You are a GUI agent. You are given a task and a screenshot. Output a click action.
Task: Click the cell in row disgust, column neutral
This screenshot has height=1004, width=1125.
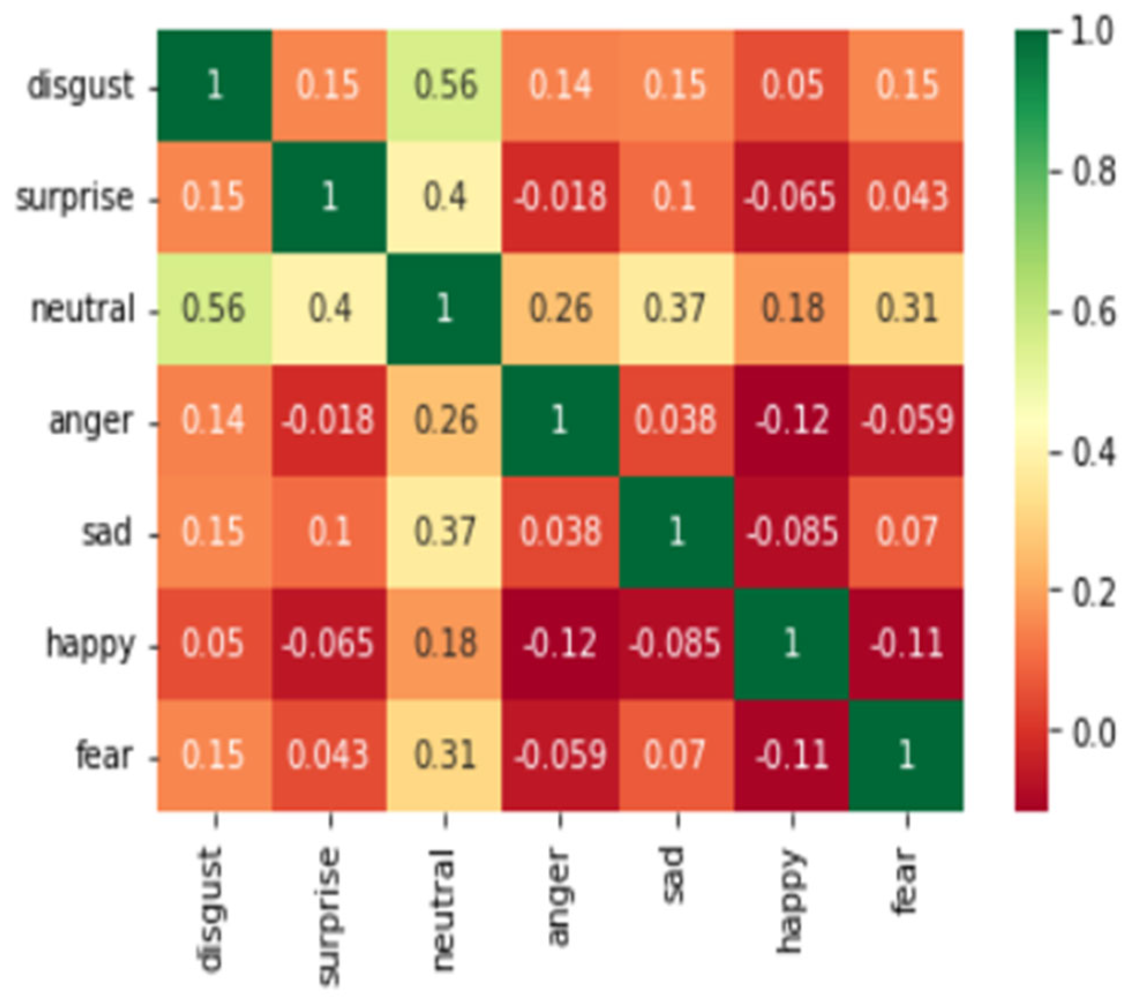444,85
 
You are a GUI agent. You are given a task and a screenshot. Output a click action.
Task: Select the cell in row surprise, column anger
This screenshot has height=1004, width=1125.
560,197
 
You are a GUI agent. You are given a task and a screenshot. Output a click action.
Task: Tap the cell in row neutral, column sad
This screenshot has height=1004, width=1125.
676,309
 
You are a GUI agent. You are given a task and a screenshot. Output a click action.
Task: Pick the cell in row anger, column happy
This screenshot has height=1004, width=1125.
792,420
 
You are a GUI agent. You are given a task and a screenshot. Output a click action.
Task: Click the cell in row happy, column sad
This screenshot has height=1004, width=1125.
676,643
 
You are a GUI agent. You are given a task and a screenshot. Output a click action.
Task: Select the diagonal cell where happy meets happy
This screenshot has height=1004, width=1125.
792,643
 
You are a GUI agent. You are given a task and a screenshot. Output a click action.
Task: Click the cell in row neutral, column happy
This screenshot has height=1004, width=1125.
792,309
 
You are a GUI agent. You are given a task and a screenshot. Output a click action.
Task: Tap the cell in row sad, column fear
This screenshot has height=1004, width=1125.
906,532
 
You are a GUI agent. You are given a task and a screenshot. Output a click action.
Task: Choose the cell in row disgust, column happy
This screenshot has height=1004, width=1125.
792,85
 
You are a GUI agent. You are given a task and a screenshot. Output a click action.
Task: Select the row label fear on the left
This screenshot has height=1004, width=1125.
104,755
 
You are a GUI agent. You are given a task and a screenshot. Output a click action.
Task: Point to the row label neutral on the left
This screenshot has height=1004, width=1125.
83,309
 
